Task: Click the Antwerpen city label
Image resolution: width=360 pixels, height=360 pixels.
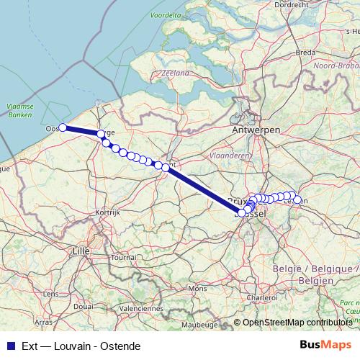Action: click(x=256, y=129)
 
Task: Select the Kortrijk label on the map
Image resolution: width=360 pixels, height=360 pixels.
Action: click(x=106, y=213)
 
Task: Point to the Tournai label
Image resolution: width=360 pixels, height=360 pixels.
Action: click(x=124, y=257)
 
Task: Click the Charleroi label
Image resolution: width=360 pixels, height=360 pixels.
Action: click(x=261, y=296)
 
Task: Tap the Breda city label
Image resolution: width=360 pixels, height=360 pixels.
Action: click(x=305, y=53)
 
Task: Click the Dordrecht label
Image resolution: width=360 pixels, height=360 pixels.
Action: click(x=292, y=4)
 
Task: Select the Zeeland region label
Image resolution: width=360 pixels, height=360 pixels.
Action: click(x=176, y=73)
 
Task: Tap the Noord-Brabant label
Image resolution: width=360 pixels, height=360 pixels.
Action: click(x=336, y=65)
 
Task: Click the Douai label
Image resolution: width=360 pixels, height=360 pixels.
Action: click(x=83, y=306)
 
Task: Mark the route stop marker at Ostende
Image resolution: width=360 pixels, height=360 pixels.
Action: click(x=63, y=127)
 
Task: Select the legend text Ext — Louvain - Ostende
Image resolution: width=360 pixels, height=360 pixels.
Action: click(x=80, y=346)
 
